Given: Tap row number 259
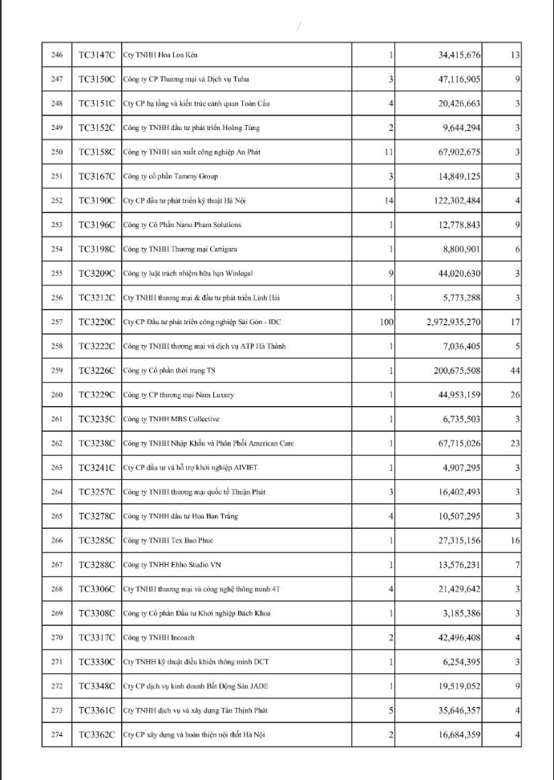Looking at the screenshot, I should pyautogui.click(x=56, y=371).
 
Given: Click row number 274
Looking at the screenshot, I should pyautogui.click(x=56, y=735).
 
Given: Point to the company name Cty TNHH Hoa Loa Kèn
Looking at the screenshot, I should pyautogui.click(x=160, y=55).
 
